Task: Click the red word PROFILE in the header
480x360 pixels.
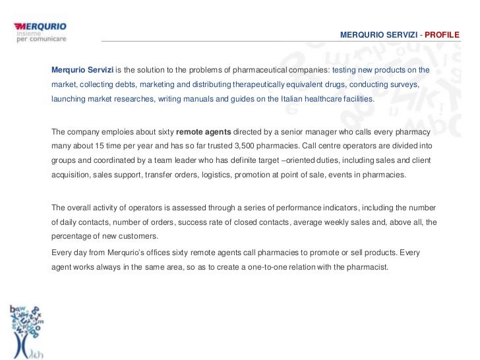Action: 442,33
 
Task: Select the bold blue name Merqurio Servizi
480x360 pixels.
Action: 82,70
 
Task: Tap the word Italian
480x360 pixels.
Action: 284,100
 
